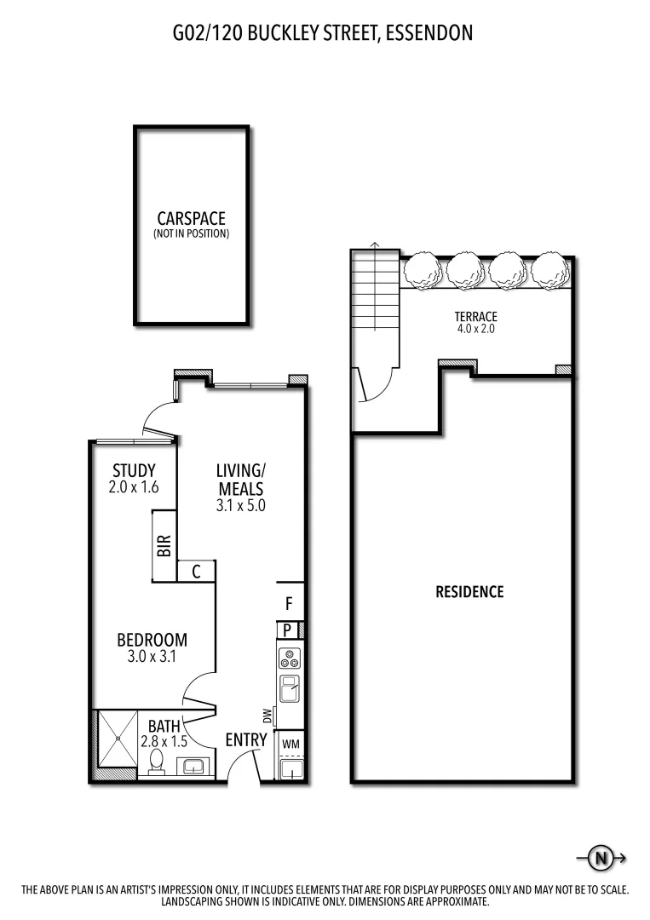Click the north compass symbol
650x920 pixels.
pyautogui.click(x=601, y=858)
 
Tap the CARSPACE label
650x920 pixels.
pyautogui.click(x=191, y=219)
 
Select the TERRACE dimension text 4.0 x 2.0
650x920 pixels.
pyautogui.click(x=475, y=329)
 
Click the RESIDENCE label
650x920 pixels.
pyautogui.click(x=469, y=591)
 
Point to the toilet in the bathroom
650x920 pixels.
pyautogui.click(x=157, y=761)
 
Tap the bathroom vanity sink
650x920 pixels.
pyautogui.click(x=195, y=766)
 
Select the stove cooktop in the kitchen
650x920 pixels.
pyautogui.click(x=289, y=658)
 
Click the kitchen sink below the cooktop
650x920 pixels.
pyautogui.click(x=289, y=687)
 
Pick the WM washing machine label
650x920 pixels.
pyautogui.click(x=290, y=743)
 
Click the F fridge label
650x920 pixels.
pyautogui.click(x=289, y=604)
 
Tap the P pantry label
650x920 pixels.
pyautogui.click(x=288, y=630)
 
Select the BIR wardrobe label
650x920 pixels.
pyautogui.click(x=164, y=546)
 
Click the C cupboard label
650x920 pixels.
pyautogui.click(x=196, y=572)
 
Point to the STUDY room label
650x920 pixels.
pyautogui.click(x=135, y=470)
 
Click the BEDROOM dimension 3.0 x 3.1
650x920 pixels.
pyautogui.click(x=152, y=657)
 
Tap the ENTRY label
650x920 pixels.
pyautogui.click(x=246, y=739)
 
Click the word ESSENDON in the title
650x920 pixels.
pyautogui.click(x=429, y=33)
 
